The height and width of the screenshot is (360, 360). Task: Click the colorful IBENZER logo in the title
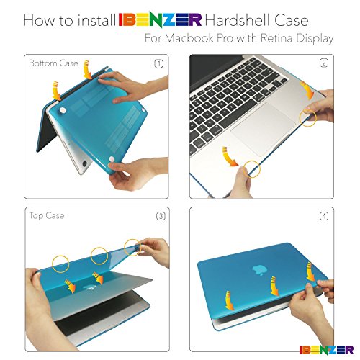[160, 21]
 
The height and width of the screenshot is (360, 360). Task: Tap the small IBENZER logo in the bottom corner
[326, 350]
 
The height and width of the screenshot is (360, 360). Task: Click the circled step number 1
[158, 64]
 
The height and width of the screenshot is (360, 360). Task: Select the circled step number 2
[324, 63]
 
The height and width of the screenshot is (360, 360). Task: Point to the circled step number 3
[161, 216]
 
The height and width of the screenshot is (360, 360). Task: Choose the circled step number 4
[324, 216]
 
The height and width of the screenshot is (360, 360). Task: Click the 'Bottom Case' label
[53, 63]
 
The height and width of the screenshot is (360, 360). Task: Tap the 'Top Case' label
[47, 215]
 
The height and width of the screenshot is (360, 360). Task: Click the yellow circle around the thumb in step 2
[252, 169]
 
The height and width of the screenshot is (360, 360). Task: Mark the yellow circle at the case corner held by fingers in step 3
[132, 248]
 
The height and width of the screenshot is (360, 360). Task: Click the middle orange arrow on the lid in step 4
[274, 286]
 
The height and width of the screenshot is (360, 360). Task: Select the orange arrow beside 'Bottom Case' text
[87, 70]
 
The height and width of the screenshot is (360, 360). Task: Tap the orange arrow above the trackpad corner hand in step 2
[307, 90]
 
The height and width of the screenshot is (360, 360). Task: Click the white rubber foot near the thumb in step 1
[112, 159]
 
